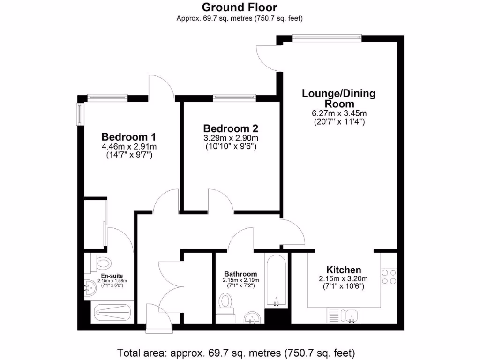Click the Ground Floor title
click(240, 7)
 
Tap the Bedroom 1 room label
click(128, 137)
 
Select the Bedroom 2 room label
click(231, 128)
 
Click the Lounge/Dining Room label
click(338, 98)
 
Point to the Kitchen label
click(344, 270)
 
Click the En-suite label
click(112, 276)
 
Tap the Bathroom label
click(240, 274)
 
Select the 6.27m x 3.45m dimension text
click(339, 113)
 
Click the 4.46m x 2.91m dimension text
click(128, 147)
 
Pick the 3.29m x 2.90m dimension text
click(231, 138)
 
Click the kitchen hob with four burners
click(389, 277)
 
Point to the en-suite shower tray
click(112, 312)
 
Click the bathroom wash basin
click(253, 318)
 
